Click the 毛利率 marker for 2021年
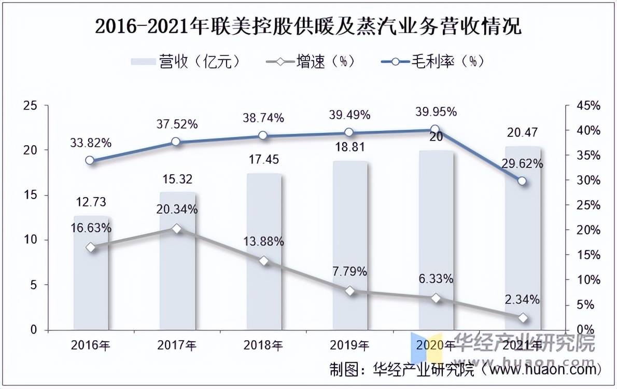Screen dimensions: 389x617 (x=522, y=181)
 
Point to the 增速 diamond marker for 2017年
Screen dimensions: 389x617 (x=177, y=228)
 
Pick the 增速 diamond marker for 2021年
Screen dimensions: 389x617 (x=522, y=318)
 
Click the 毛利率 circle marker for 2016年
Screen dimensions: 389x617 (x=90, y=160)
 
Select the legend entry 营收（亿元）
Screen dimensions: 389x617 (x=187, y=62)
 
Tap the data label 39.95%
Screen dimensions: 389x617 (x=436, y=112)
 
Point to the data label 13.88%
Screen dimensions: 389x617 (x=263, y=241)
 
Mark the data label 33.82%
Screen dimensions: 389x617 (x=91, y=143)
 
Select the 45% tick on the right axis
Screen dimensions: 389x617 (x=588, y=106)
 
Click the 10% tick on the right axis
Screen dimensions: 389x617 (x=588, y=280)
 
